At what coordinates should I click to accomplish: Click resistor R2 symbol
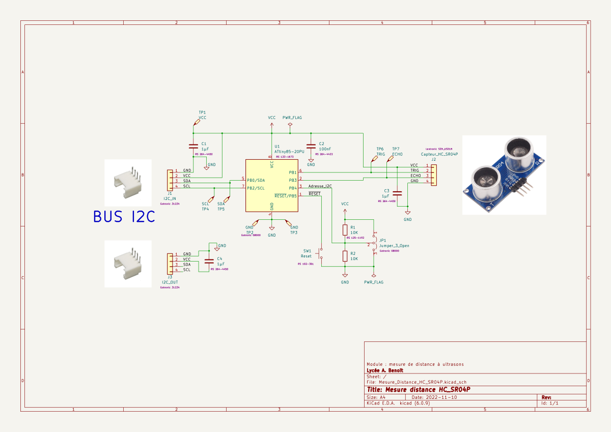click(x=345, y=255)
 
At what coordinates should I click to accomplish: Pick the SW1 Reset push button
click(x=321, y=253)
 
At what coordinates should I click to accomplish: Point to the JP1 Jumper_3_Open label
click(x=394, y=245)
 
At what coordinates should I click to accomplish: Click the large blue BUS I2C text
click(x=124, y=217)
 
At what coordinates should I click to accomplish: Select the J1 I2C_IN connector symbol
click(x=170, y=179)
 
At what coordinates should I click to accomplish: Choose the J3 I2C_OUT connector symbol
click(x=170, y=262)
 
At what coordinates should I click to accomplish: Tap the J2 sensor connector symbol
click(x=433, y=173)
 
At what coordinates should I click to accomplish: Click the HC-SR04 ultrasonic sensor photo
click(x=504, y=175)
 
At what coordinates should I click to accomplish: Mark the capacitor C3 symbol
click(x=398, y=193)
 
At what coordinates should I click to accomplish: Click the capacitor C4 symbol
click(x=208, y=261)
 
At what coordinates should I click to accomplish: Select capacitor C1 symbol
click(x=193, y=147)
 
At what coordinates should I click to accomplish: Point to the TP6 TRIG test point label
click(x=380, y=151)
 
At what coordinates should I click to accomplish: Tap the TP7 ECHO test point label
click(x=397, y=151)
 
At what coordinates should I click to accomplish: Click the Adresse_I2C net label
click(x=320, y=186)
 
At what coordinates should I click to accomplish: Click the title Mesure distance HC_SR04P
click(x=418, y=389)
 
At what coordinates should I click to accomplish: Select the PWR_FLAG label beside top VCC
click(x=292, y=118)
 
